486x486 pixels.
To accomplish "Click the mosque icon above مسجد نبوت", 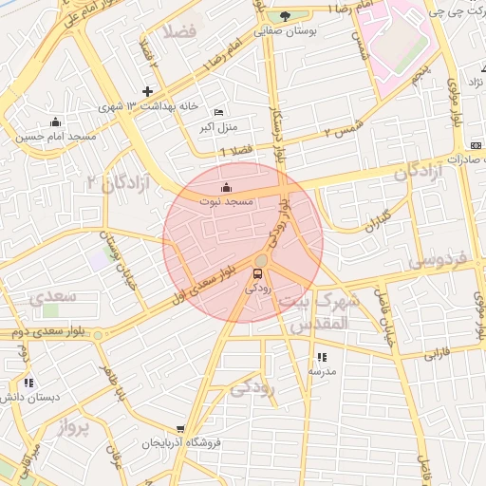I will tap(225, 187).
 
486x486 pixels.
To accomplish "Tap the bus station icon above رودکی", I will tap(255, 274).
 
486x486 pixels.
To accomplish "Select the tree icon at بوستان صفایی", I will tap(285, 16).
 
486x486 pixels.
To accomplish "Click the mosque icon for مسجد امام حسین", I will tap(55, 121).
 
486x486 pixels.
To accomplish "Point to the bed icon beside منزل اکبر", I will tap(219, 112).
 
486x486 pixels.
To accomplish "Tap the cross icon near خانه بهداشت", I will tap(146, 91).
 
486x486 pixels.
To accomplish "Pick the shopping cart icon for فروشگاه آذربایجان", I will tap(180, 430).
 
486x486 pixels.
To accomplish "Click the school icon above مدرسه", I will tap(322, 357).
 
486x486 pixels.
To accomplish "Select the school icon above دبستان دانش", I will tap(28, 383).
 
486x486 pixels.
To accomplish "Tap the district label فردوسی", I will tap(439, 258).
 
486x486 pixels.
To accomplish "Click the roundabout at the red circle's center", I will tap(262, 260).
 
